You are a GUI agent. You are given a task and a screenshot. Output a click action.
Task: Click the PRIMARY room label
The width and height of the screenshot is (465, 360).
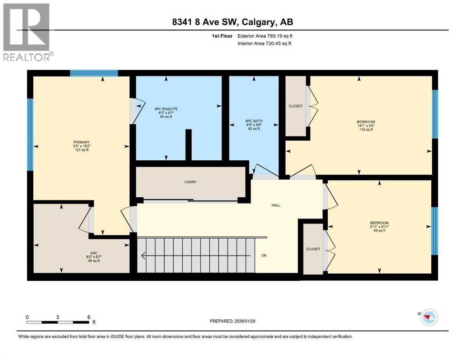click(x=81, y=142)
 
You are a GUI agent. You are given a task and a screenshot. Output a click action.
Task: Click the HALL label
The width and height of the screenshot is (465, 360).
click(x=276, y=205)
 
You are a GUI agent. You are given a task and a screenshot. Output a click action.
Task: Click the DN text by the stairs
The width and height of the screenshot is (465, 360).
click(x=264, y=256)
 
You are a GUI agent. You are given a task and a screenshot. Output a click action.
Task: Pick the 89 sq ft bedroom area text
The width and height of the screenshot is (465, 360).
click(x=379, y=231)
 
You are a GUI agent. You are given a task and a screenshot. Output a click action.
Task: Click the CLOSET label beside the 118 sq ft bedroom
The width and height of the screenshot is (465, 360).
click(x=295, y=106)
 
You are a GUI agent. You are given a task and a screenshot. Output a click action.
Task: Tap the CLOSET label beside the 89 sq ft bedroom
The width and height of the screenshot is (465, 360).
click(x=313, y=249)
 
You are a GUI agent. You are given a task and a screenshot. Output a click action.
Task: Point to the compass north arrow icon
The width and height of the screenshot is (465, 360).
click(x=427, y=317)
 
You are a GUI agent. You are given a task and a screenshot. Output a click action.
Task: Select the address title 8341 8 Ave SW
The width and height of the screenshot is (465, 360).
click(x=232, y=22)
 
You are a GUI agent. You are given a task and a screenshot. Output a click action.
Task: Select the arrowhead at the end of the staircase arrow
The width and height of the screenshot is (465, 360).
click(x=143, y=256)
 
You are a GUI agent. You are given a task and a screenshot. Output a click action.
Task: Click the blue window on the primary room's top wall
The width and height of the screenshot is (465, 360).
click(x=94, y=73)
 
